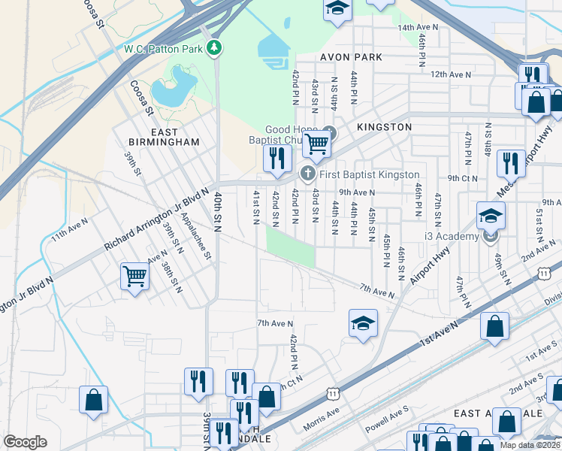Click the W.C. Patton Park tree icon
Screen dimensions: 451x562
216,48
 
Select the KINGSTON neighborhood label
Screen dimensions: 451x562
384,127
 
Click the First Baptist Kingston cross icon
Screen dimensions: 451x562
307,174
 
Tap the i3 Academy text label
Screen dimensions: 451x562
451,237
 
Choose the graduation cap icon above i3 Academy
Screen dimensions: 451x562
491,216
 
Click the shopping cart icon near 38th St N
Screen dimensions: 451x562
134,276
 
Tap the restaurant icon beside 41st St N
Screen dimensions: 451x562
276,158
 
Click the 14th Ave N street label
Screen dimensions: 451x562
418,27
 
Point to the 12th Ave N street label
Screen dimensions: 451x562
451,74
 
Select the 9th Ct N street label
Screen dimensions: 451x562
462,178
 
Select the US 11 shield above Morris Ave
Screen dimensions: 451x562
333,392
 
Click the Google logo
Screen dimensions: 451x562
25,442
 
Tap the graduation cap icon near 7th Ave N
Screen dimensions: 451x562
363,323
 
